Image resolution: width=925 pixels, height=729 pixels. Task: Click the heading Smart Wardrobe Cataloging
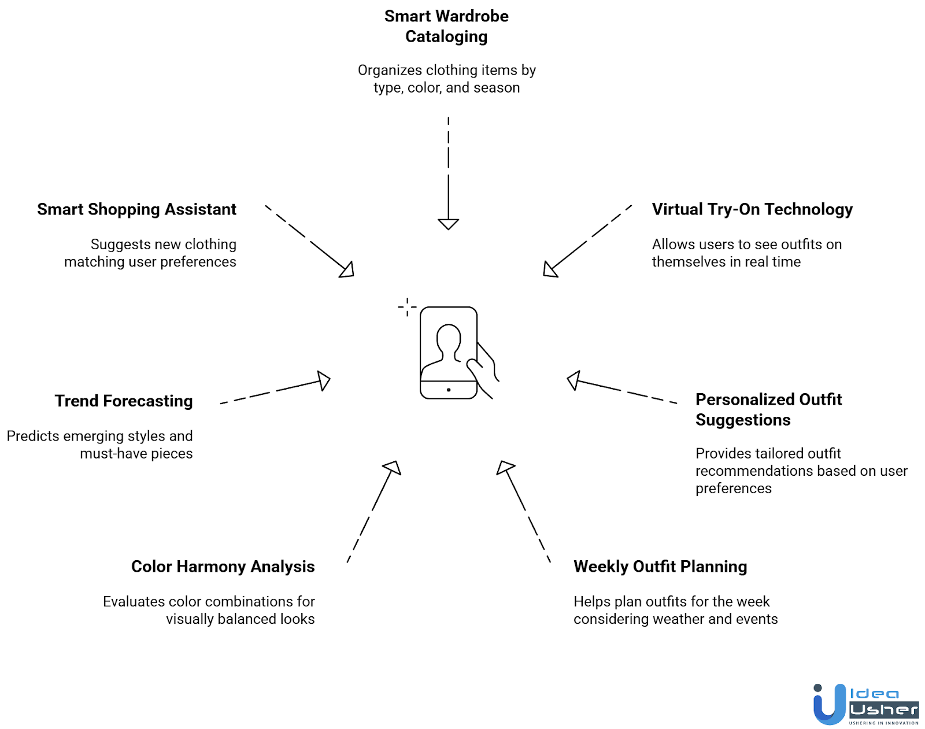tap(446, 26)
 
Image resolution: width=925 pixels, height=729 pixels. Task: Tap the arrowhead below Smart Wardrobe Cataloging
tap(448, 224)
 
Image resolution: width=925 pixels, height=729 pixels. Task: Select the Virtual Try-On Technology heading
tap(752, 209)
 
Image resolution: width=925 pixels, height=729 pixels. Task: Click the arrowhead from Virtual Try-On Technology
tap(550, 270)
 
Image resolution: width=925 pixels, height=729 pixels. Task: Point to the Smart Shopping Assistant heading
tap(136, 209)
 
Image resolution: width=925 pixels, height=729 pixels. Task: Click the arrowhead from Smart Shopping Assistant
tap(347, 270)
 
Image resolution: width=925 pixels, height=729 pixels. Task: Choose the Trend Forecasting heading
tap(124, 401)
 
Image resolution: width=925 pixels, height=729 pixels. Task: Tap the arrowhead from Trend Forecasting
tap(324, 380)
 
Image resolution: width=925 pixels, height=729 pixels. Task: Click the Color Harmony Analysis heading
tap(223, 567)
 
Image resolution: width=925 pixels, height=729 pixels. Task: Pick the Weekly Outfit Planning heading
tap(660, 567)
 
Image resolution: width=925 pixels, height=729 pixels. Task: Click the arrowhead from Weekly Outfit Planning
tap(505, 467)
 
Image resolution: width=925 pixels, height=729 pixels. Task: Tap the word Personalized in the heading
tap(745, 399)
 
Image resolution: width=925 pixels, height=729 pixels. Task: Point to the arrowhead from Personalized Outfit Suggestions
tap(573, 380)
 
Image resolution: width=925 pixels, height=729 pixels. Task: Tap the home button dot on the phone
tap(449, 390)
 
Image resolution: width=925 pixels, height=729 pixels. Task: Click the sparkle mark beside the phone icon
tap(407, 307)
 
